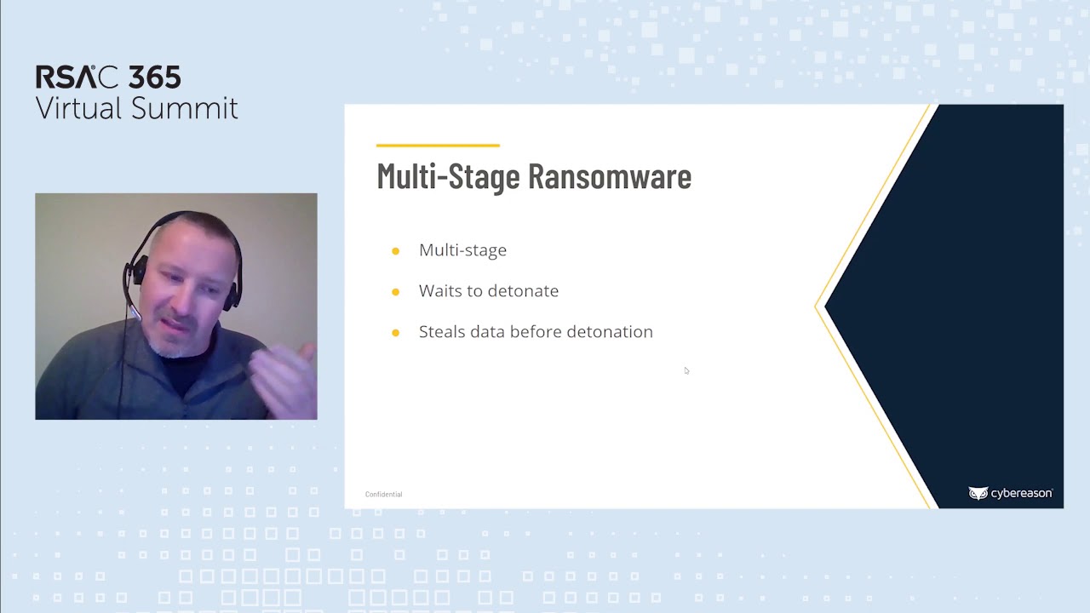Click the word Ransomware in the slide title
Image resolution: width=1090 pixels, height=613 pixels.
(609, 176)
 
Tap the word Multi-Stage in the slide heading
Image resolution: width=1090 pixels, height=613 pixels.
(448, 176)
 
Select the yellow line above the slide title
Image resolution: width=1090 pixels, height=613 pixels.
(438, 146)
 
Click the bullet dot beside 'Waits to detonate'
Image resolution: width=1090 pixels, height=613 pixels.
(395, 292)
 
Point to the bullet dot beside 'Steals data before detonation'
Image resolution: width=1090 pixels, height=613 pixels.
(395, 333)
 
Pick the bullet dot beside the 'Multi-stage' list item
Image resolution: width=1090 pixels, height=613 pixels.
(395, 251)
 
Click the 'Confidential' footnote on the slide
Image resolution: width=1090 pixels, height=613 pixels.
(383, 495)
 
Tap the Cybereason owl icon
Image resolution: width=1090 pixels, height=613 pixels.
(977, 494)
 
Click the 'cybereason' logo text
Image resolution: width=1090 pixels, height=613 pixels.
(1020, 494)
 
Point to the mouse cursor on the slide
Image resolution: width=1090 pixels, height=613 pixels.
(686, 370)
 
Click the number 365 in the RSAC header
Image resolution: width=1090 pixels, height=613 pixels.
(154, 77)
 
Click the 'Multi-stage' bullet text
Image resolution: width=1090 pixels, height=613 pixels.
(462, 250)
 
